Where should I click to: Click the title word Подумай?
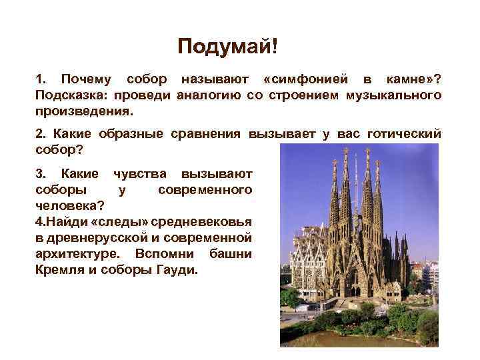pos(227,47)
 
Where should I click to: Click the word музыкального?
pos(393,95)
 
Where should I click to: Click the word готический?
pos(406,133)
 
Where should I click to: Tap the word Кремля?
pos(57,271)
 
